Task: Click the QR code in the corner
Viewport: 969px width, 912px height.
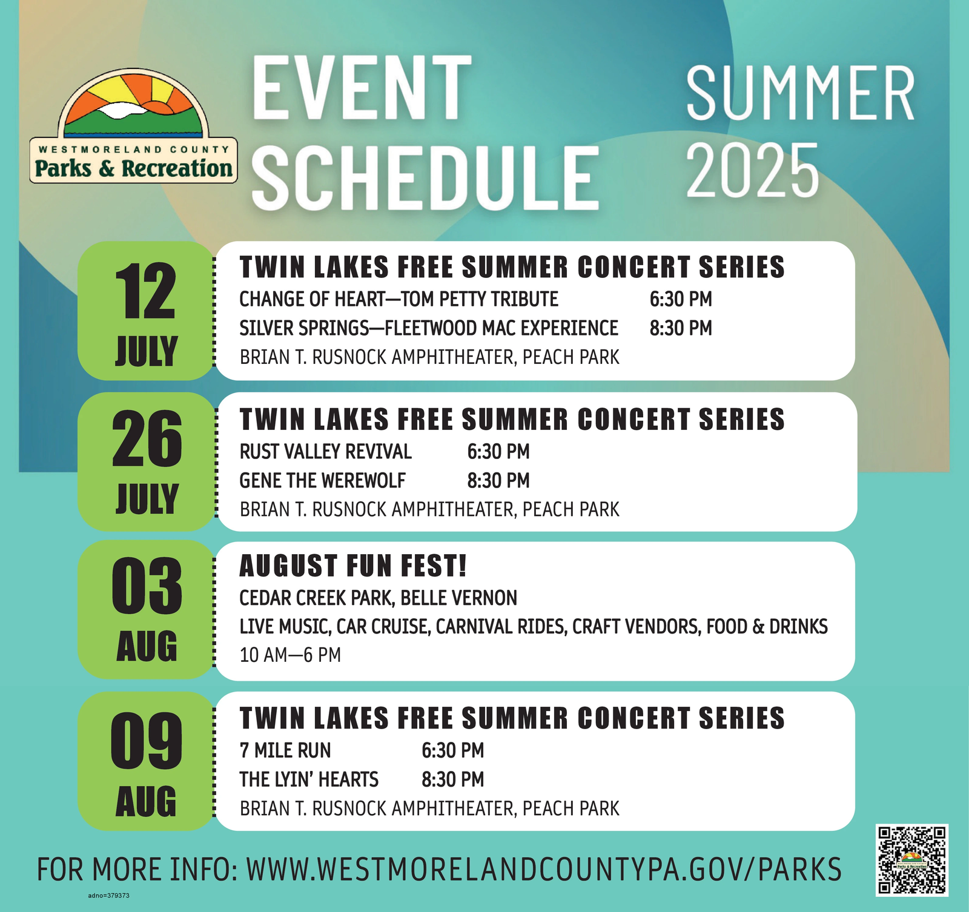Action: [x=912, y=860]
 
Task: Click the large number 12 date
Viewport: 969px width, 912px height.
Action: [x=146, y=292]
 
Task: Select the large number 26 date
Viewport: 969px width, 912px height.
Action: [x=147, y=439]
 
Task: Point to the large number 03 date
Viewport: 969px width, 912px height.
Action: [x=147, y=586]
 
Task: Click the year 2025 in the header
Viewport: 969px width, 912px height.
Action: [x=752, y=171]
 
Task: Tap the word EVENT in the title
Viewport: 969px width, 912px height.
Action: [x=362, y=88]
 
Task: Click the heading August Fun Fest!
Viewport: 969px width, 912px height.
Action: [x=353, y=566]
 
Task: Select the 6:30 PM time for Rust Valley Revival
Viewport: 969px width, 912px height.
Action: [x=498, y=452]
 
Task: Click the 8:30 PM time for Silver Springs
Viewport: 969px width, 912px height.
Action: [x=681, y=328]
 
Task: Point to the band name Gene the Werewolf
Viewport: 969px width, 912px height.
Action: [x=323, y=481]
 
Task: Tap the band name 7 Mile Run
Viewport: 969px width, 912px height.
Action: [x=285, y=751]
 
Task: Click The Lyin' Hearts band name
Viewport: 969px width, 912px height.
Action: [x=309, y=779]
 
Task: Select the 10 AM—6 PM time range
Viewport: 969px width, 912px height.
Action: [x=290, y=655]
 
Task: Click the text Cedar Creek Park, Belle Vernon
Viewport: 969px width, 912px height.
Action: [x=379, y=598]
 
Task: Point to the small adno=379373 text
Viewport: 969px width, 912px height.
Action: [x=109, y=896]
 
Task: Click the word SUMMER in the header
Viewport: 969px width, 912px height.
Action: [x=800, y=94]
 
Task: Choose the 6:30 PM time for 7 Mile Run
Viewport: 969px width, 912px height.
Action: [x=453, y=751]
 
